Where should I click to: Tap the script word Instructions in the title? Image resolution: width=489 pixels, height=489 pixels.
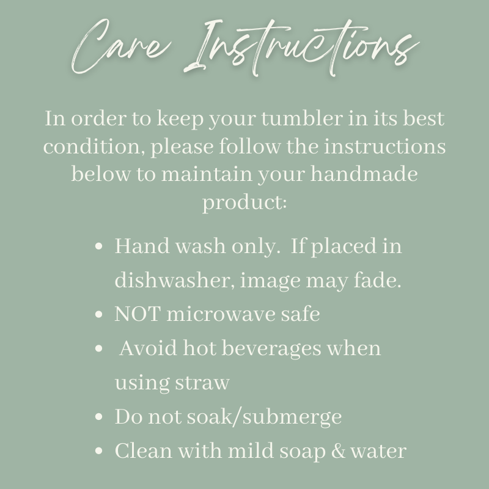(x=301, y=48)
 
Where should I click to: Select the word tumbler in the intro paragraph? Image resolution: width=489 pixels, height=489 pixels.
(x=302, y=119)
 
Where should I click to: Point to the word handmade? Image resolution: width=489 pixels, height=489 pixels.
(x=364, y=174)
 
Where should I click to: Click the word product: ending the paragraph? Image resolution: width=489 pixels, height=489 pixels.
(x=244, y=203)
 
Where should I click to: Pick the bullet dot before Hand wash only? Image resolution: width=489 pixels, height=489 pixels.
(x=98, y=246)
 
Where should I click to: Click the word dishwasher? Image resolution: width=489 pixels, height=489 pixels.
(x=174, y=280)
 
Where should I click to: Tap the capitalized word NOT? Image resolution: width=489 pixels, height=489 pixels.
(x=138, y=314)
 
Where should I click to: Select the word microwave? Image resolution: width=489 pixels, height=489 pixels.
(x=221, y=314)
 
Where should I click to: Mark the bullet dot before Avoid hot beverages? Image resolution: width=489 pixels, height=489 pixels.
(x=98, y=348)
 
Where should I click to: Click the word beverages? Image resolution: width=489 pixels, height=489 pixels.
(x=271, y=348)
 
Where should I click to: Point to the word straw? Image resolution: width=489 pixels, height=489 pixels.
(x=202, y=383)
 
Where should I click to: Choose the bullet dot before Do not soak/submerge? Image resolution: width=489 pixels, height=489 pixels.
(x=98, y=417)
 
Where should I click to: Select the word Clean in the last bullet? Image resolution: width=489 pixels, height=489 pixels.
(x=144, y=451)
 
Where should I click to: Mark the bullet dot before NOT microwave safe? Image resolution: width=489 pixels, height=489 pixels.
(x=98, y=314)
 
